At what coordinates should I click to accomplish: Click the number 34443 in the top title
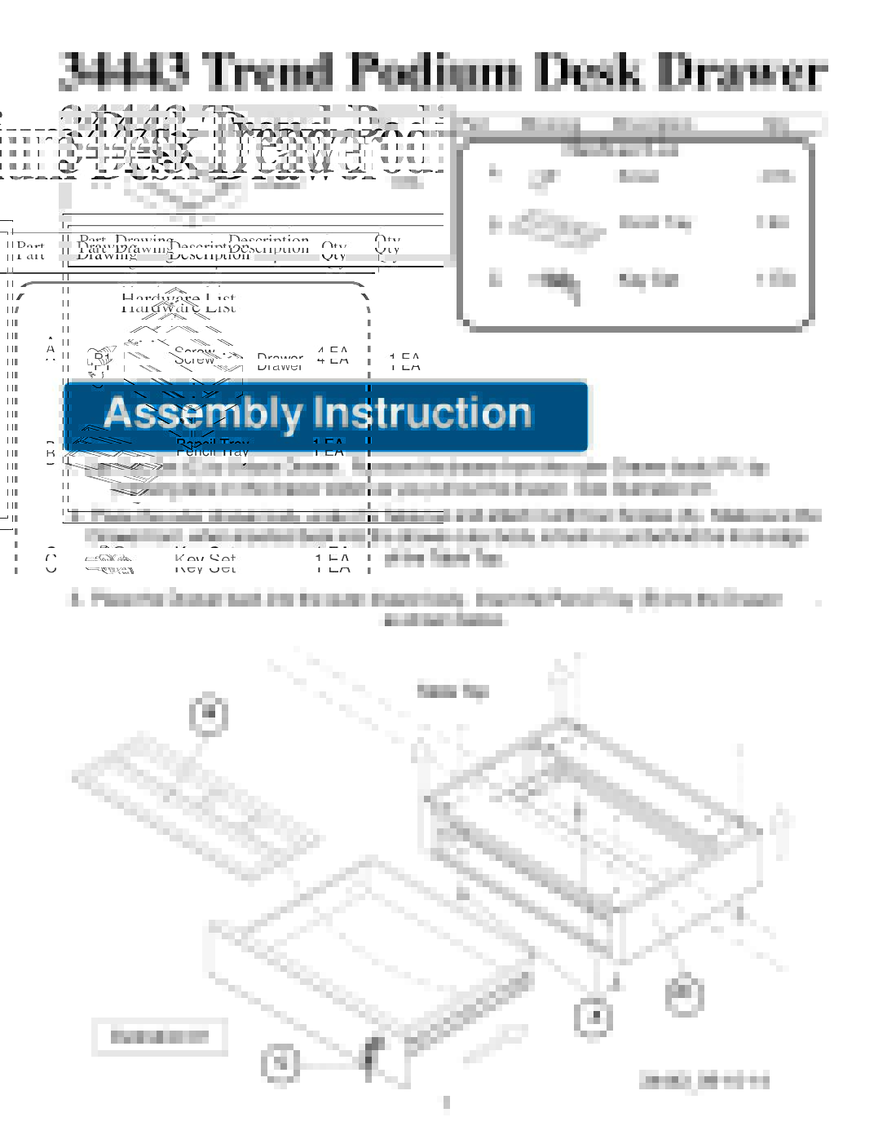click(124, 71)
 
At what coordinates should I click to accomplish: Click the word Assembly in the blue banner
click(202, 413)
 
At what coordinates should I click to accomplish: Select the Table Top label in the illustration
click(452, 691)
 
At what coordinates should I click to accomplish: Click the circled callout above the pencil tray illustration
click(209, 714)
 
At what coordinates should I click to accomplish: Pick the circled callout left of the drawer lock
click(280, 1063)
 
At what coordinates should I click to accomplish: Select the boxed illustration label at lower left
click(159, 1037)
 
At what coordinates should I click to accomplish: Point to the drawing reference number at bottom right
click(704, 1082)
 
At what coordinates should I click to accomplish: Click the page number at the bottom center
click(445, 1103)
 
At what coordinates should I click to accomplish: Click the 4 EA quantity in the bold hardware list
click(332, 357)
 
